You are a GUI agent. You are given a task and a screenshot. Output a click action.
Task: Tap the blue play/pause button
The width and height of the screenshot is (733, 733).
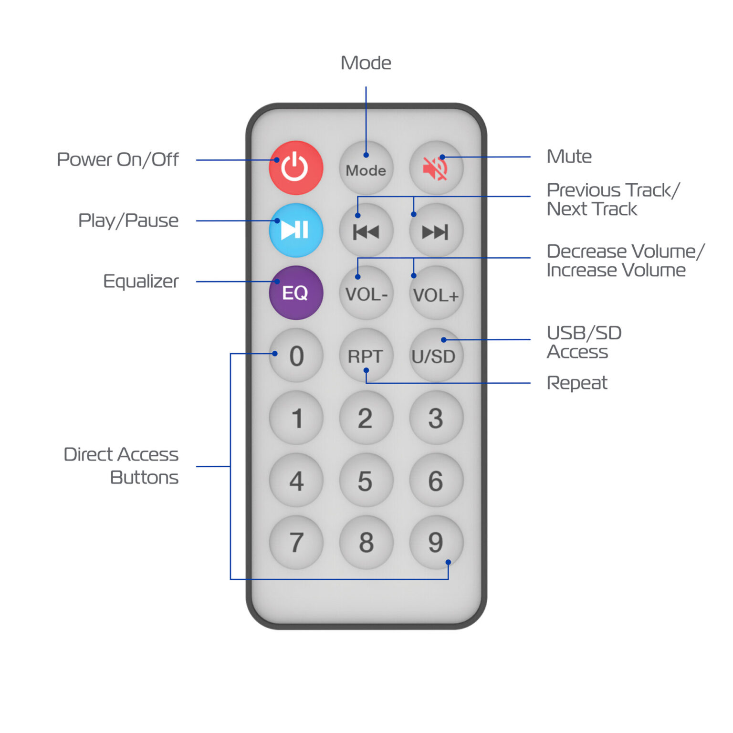pos(296,230)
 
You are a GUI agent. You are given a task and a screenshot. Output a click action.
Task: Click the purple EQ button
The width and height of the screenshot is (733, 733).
pos(296,293)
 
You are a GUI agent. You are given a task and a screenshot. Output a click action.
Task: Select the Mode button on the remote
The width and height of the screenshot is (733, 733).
pos(366,168)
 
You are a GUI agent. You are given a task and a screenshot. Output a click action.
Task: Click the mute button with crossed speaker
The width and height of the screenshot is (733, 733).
pos(436,168)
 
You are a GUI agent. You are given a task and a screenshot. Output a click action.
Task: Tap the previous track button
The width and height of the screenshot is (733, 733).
pos(366,231)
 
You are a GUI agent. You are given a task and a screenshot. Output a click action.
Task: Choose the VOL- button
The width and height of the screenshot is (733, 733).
pos(366,293)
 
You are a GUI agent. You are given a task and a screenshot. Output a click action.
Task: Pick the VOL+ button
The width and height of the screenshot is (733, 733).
pos(436,293)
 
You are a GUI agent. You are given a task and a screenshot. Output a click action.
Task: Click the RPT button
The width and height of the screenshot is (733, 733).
pos(366,356)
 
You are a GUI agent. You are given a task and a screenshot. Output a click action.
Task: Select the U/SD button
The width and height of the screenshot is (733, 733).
pos(436,356)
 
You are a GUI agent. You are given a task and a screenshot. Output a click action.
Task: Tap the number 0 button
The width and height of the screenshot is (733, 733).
pos(296,356)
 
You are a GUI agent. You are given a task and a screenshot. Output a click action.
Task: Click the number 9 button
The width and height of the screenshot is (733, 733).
pos(436,542)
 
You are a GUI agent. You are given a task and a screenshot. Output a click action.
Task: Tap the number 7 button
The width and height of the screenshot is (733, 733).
pos(296,542)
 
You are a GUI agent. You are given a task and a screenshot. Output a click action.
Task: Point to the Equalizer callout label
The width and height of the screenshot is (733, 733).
pos(141,281)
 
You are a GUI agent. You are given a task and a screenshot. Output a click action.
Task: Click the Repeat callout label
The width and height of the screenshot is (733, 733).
pos(577,383)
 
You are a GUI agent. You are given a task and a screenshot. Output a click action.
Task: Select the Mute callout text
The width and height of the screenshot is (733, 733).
pos(569,157)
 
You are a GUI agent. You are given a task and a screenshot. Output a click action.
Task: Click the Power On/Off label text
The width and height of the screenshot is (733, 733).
pos(117,159)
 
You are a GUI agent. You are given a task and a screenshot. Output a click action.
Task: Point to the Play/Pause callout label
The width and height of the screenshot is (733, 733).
pos(128,220)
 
